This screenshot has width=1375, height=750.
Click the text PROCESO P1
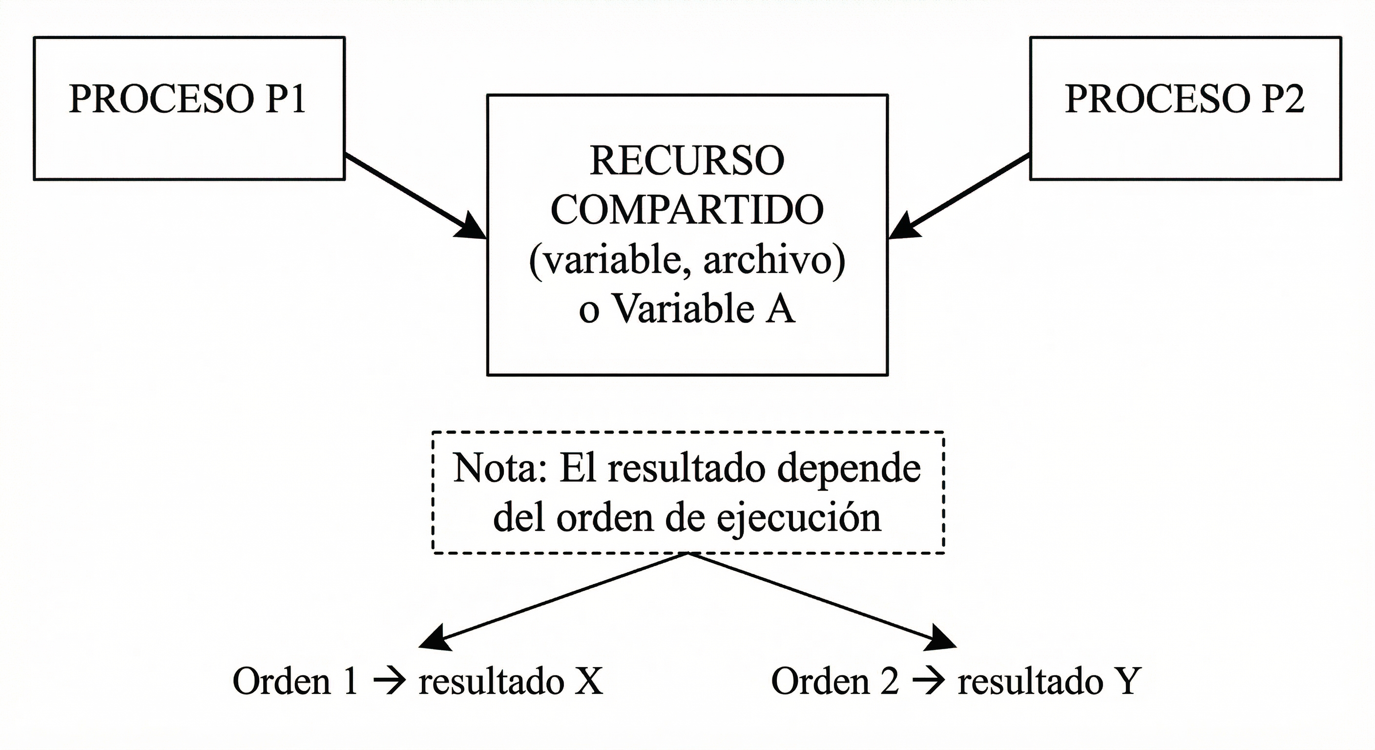pyautogui.click(x=187, y=99)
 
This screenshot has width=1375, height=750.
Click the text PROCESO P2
pyautogui.click(x=1185, y=99)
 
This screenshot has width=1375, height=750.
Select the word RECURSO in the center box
pyautogui.click(x=687, y=161)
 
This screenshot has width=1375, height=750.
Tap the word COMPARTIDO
pyautogui.click(x=687, y=210)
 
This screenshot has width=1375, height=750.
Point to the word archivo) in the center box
pyautogui.click(x=774, y=261)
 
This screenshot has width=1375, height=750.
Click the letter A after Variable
pyautogui.click(x=780, y=310)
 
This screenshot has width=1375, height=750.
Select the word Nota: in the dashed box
pyautogui.click(x=500, y=469)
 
